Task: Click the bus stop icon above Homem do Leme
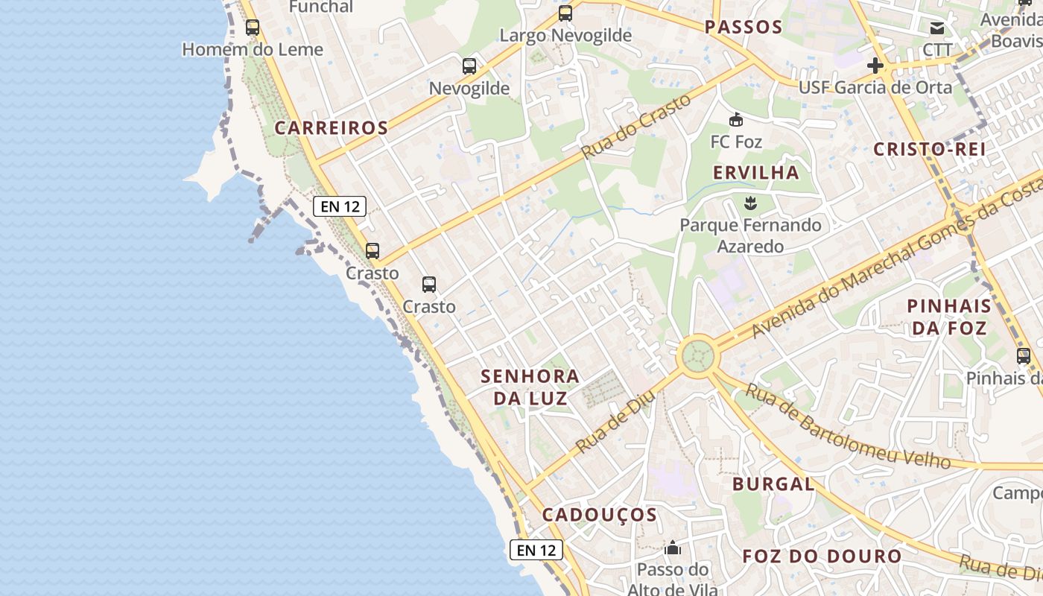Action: pos(253,28)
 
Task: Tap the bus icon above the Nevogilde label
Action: pos(469,66)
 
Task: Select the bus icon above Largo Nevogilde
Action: pos(565,13)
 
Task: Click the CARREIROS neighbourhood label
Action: pos(332,128)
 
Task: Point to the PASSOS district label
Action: pos(744,28)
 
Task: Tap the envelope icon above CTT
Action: pos(936,29)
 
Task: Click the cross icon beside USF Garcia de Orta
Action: pos(875,66)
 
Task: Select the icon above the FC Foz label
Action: pos(736,119)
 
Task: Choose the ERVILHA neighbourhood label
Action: pos(755,173)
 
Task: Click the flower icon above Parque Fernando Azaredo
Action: pos(750,202)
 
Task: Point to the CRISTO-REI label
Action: pos(930,149)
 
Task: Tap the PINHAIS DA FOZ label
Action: pos(949,317)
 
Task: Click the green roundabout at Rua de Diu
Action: pos(698,356)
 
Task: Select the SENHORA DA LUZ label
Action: pos(530,387)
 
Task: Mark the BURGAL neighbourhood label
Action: pos(773,484)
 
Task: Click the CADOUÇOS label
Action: pos(600,515)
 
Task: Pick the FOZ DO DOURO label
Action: pos(822,557)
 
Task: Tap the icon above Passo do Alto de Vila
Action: pos(673,549)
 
